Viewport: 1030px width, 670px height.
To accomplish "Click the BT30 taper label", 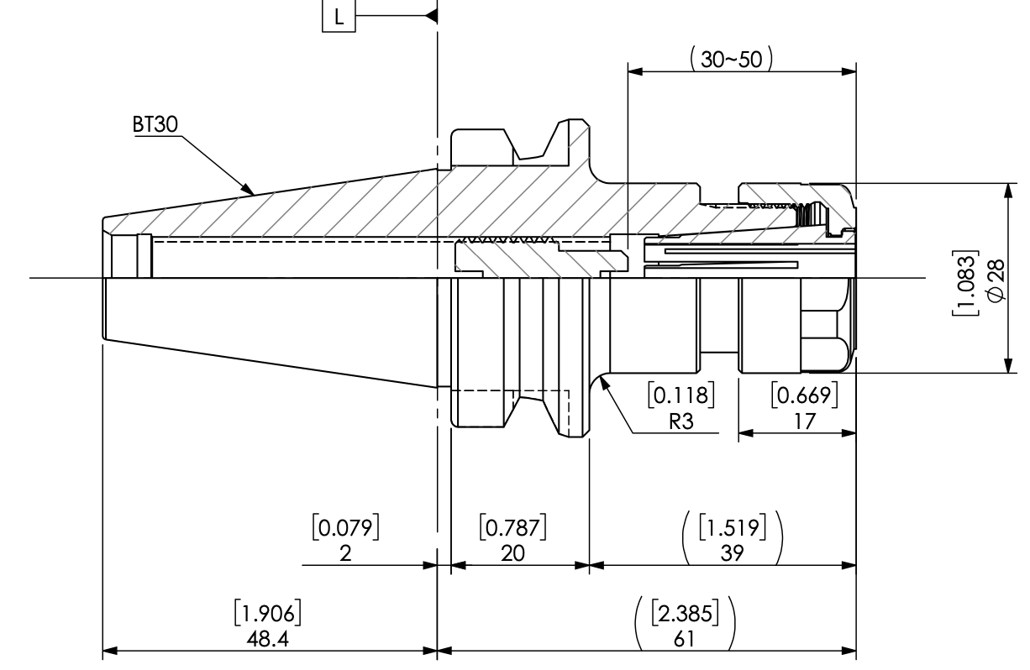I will tap(155, 123).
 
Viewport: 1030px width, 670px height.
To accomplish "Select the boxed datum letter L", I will tap(338, 16).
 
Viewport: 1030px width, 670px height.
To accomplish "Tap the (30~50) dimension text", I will tap(730, 59).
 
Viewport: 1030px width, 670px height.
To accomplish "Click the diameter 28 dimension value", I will tap(996, 277).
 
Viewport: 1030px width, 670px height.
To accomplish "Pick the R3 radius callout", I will tap(681, 421).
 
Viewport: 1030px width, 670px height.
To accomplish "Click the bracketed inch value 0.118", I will tap(681, 395).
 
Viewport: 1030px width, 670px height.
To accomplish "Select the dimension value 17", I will tap(805, 421).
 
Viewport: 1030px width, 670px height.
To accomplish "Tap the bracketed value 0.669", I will tap(805, 395).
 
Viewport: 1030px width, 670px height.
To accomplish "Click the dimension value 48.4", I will tap(268, 639).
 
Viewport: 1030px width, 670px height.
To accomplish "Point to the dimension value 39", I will tap(733, 554).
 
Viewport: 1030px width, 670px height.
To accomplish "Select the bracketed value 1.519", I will tap(733, 527).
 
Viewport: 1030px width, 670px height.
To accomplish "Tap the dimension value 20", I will tap(512, 554).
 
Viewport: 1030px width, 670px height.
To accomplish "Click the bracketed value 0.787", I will tap(512, 527).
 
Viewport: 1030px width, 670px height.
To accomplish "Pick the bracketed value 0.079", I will tap(346, 527).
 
